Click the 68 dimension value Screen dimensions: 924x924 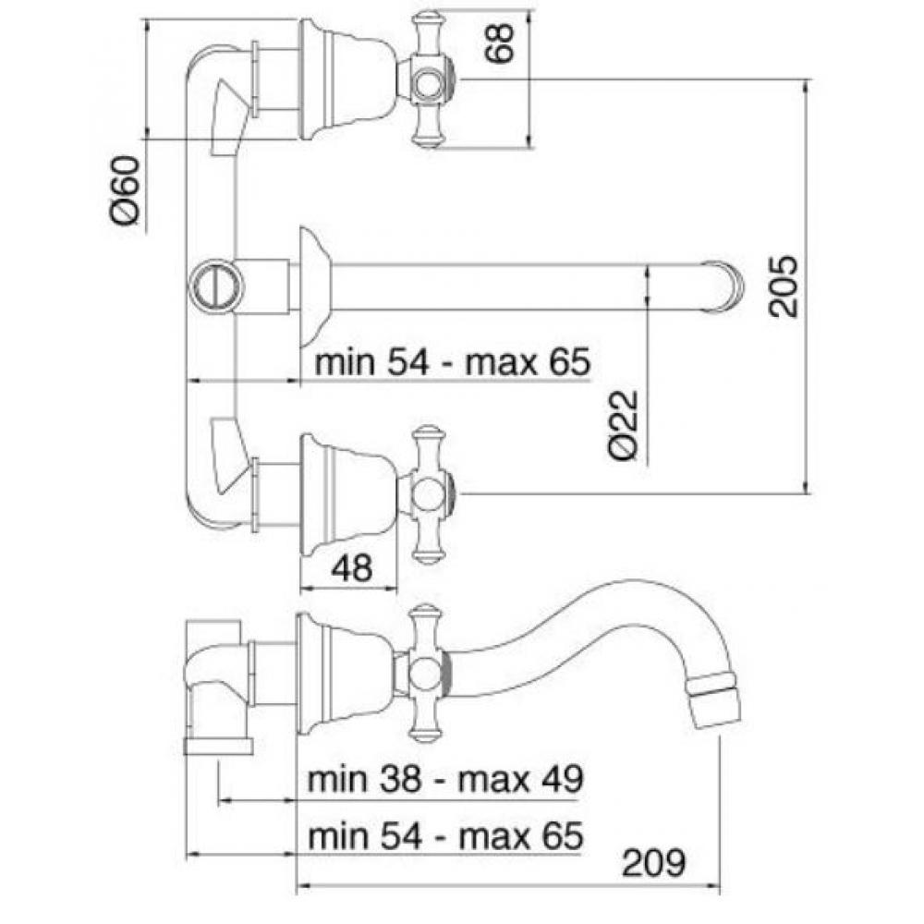coord(499,43)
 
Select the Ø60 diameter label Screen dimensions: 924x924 coord(126,189)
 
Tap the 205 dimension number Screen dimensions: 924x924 coord(784,286)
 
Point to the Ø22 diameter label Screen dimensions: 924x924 coord(624,424)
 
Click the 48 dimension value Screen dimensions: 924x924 coord(352,568)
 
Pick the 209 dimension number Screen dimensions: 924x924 coord(654,863)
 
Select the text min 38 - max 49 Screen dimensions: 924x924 coord(445,780)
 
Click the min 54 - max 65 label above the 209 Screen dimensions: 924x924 coord(445,835)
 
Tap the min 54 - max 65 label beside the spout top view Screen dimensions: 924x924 coord(452,361)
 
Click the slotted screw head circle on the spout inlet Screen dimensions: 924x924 coord(217,287)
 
